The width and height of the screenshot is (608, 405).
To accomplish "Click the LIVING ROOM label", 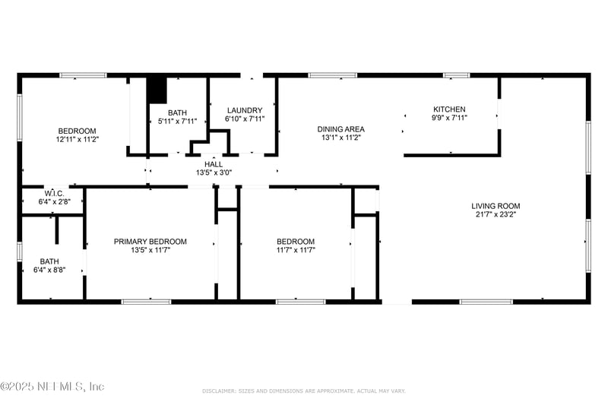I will click(x=496, y=206).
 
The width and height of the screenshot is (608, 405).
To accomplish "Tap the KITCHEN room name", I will click(x=449, y=109).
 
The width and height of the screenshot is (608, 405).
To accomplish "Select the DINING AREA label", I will click(x=340, y=129).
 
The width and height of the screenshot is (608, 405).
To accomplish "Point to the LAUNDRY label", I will click(x=244, y=110).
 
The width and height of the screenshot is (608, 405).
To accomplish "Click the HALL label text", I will click(x=214, y=164).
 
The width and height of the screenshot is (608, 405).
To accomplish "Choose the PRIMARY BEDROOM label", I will click(x=150, y=242).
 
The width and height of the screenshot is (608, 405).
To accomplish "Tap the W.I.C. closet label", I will click(x=53, y=193).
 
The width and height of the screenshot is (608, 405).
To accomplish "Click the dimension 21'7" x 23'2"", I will click(x=496, y=214).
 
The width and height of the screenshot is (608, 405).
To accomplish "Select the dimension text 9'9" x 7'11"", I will click(x=449, y=118).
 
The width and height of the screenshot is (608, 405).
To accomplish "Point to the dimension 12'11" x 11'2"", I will click(x=77, y=139).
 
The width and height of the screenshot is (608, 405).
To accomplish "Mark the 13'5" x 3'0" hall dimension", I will click(x=214, y=172).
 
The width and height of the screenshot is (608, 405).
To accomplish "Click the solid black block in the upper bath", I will click(x=157, y=90).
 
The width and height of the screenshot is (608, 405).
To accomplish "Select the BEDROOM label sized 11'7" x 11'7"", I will click(x=296, y=242).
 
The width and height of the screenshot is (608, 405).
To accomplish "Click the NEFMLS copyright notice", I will click(x=52, y=387).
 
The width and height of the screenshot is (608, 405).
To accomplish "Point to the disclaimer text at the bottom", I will click(x=304, y=391).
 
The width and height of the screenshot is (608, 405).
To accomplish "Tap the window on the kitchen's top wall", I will click(x=456, y=75).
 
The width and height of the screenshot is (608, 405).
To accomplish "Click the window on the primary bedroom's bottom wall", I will click(x=146, y=302).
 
